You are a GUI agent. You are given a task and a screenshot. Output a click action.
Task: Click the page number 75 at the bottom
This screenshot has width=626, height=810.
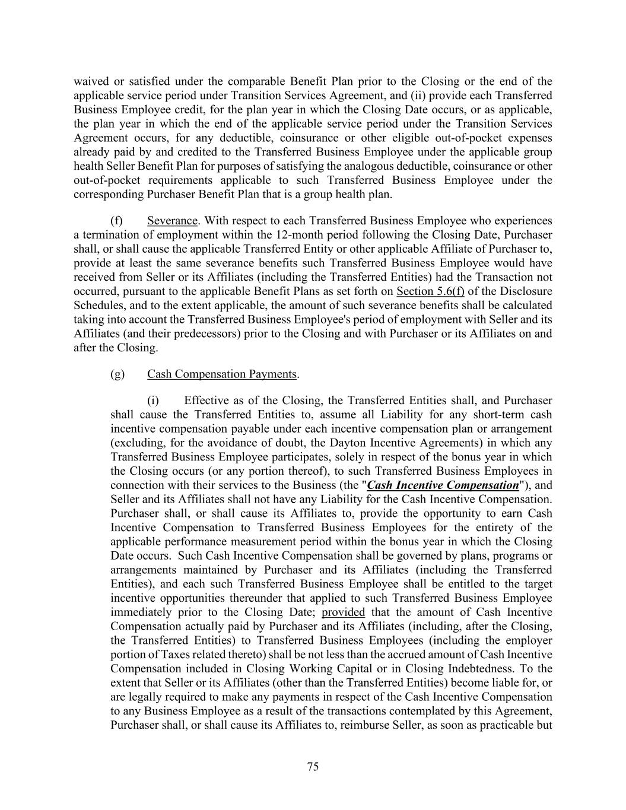pos(313,767)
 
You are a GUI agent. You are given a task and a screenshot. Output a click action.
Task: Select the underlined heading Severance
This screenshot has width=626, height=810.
pos(172,221)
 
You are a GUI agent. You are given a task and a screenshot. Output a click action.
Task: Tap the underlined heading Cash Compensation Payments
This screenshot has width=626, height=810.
pos(222,374)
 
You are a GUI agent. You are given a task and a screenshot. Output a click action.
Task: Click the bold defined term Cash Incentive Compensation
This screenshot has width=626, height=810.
pos(443,485)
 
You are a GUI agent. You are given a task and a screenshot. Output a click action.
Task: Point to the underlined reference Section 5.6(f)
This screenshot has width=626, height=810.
pos(430,291)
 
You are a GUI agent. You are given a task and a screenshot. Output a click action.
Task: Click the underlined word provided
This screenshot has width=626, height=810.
pos(343,612)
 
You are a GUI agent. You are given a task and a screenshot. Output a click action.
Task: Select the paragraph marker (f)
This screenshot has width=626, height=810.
pos(117,221)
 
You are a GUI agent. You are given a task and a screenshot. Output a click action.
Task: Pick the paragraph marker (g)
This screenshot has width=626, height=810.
pos(117,374)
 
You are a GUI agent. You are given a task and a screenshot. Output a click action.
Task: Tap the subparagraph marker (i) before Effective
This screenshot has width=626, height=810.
pos(154,401)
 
